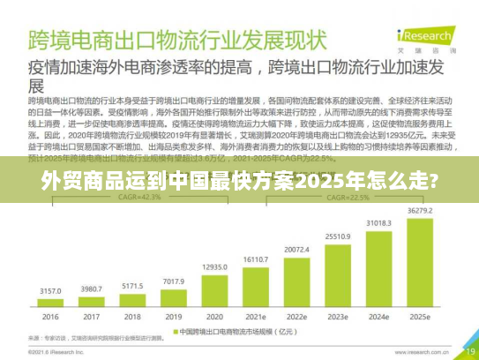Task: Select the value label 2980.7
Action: coord(91,289)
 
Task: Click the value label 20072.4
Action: coord(297,249)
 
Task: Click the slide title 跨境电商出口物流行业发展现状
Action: coord(177,41)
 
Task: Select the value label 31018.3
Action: coord(379,224)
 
